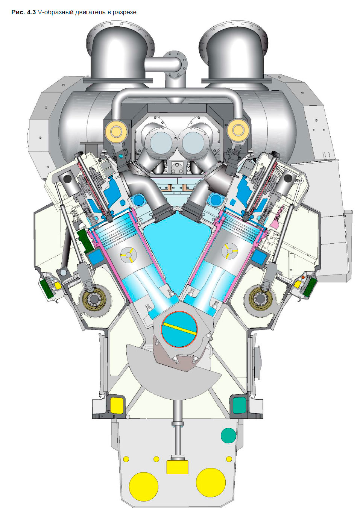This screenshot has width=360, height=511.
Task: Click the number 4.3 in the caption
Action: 31,12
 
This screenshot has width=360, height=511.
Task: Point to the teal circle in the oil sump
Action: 228,435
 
